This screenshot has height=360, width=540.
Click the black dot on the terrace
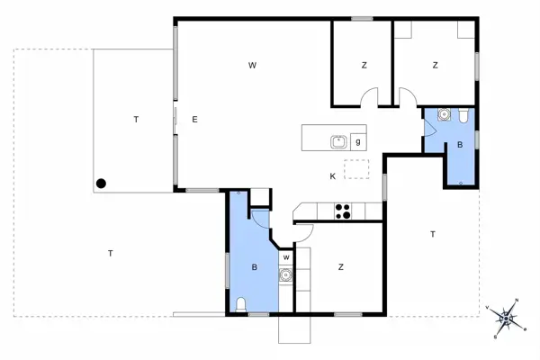tap(102, 184)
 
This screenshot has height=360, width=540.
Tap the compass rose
tap(508, 316)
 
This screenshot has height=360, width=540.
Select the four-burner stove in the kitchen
tap(342, 211)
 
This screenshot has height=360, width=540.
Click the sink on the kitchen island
tap(339, 141)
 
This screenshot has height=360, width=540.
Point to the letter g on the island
tap(358, 141)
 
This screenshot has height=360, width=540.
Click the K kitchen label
tap(332, 175)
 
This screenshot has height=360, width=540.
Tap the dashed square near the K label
tap(357, 170)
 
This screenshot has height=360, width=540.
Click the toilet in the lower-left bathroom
tap(239, 304)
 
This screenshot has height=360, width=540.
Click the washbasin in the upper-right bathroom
tap(442, 115)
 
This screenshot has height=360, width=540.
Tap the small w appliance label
tap(285, 258)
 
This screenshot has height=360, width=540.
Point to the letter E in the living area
tap(193, 120)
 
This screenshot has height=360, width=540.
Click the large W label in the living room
tap(254, 65)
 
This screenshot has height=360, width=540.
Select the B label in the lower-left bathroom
tap(255, 267)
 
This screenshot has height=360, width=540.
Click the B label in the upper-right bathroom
tap(460, 145)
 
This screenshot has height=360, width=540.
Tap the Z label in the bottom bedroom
tap(341, 267)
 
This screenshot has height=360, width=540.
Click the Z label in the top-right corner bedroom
tap(435, 65)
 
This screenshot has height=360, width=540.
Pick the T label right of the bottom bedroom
tap(433, 234)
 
